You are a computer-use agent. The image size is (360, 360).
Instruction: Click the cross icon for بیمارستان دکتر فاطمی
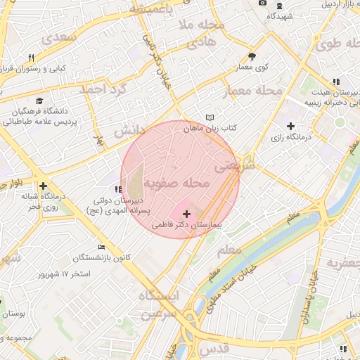[x=186, y=213]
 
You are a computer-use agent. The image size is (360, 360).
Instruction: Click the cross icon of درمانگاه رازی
[x=290, y=126]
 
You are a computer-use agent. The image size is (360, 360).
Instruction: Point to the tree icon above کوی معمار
[x=252, y=56]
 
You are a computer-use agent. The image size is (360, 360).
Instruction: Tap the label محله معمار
[x=252, y=91]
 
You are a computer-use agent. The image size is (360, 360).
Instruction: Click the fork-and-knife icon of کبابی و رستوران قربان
[x=31, y=58]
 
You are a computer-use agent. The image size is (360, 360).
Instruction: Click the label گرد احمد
[x=103, y=89]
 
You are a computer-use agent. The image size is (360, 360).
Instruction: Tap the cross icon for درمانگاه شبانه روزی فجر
[x=44, y=186]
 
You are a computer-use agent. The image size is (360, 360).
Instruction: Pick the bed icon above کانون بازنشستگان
[x=102, y=247]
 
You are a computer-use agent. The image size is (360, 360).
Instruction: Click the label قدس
[x=213, y=349]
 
